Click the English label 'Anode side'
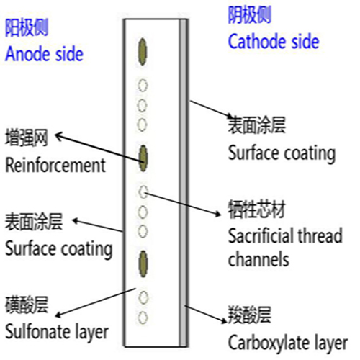(x=44, y=53)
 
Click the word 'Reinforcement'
(x=55, y=165)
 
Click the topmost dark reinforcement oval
(x=143, y=52)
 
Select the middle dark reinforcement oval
(x=143, y=156)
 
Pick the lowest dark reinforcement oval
(x=143, y=261)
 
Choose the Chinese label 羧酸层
(x=248, y=315)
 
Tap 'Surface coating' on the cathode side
(x=281, y=153)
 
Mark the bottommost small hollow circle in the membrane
(x=143, y=316)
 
